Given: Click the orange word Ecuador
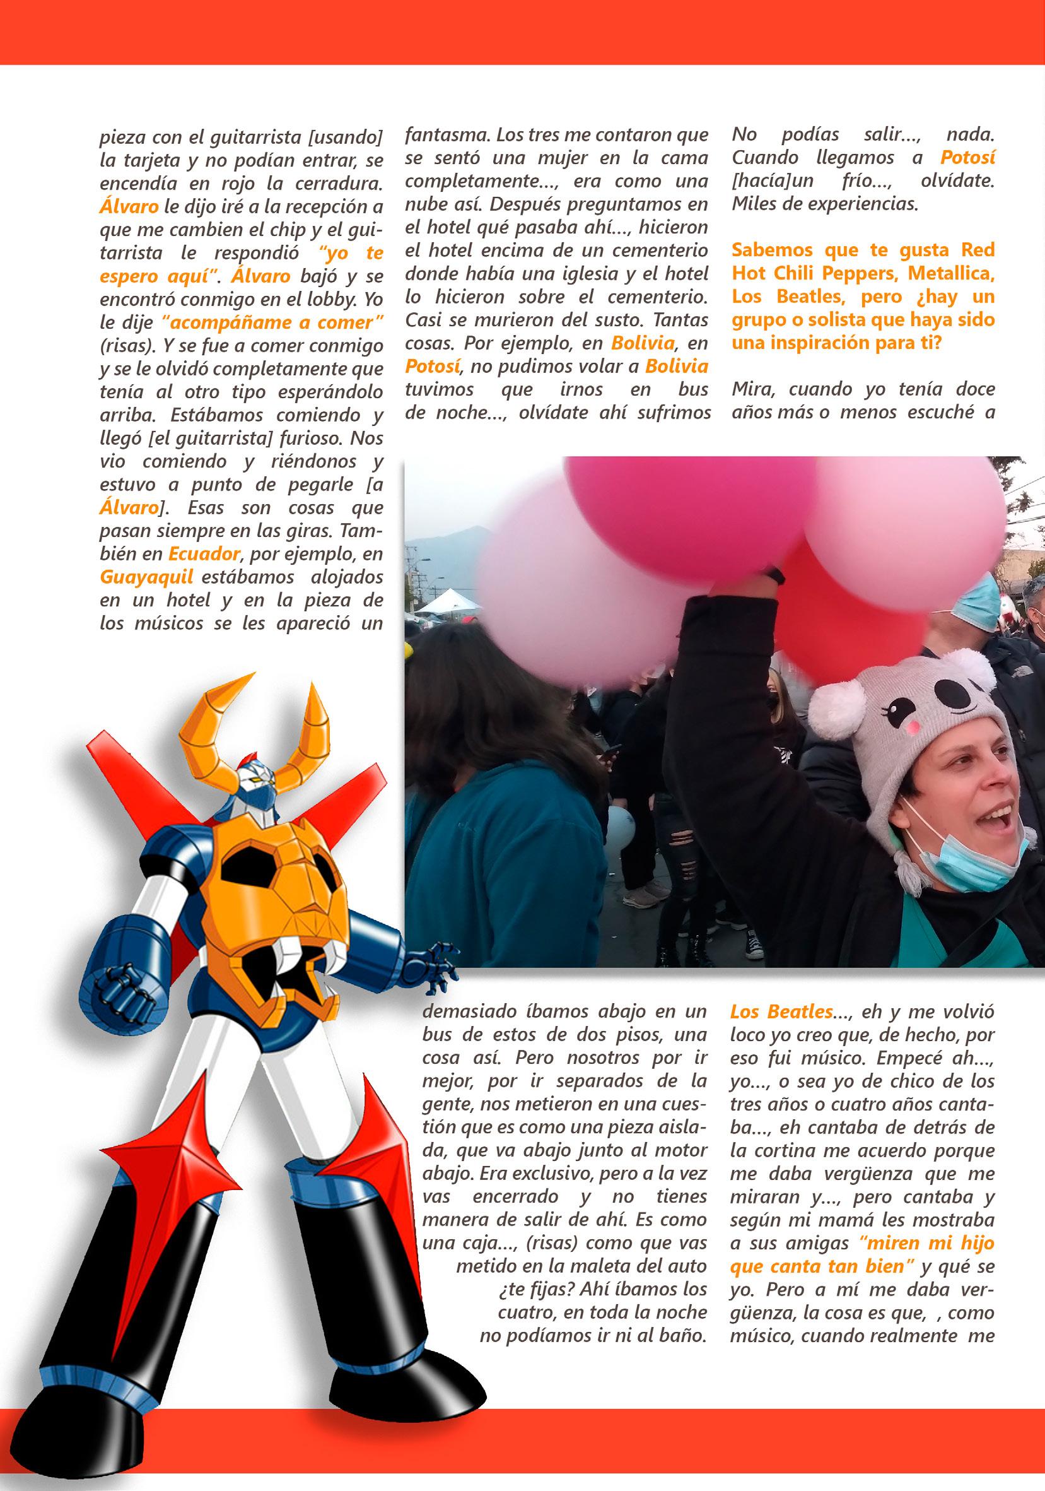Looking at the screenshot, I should point(204,554).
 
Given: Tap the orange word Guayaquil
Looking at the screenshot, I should point(147,577).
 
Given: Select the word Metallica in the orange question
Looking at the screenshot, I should point(951,273).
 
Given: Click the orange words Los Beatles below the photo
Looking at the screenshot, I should point(781,1011).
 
